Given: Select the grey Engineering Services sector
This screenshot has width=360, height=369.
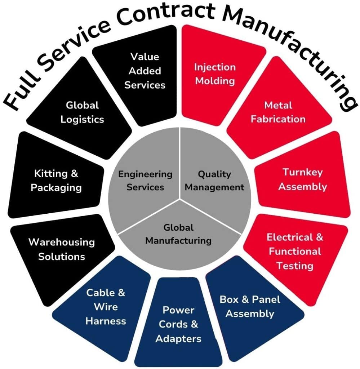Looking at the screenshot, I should click(x=146, y=180).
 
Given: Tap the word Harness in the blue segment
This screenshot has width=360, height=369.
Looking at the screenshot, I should click(x=106, y=321).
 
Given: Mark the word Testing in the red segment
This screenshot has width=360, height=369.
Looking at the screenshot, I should click(x=295, y=266).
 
